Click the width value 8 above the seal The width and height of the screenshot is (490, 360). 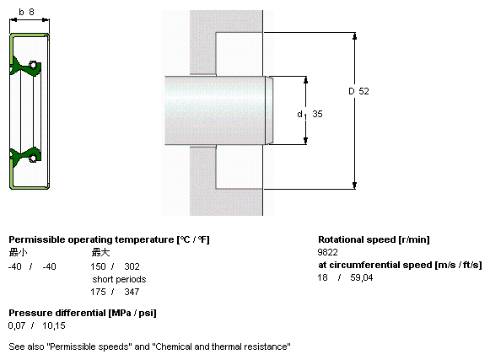(31, 12)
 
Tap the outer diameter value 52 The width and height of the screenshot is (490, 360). (363, 91)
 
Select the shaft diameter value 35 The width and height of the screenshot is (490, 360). (317, 114)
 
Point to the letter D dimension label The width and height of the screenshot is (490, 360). (352, 91)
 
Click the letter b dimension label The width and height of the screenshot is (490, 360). (21, 12)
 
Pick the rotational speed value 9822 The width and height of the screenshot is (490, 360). (327, 252)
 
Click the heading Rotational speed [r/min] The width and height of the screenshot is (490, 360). (374, 239)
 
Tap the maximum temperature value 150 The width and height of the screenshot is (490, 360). (98, 266)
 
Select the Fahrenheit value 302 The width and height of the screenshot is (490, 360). (132, 266)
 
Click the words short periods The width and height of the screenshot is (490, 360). (119, 279)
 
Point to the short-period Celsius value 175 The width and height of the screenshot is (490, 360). (98, 292)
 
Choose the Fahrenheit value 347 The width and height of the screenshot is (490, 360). (132, 292)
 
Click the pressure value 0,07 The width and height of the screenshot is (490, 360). (17, 326)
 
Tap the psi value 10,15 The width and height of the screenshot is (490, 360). (54, 326)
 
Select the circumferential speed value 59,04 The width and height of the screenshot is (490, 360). (362, 278)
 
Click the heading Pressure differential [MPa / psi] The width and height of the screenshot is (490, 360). (83, 313)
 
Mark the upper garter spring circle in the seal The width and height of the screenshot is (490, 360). (33, 65)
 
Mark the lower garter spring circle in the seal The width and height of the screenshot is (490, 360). (33, 158)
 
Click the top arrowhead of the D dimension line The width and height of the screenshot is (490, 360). (354, 36)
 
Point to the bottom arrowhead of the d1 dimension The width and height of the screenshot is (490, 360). (305, 141)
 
